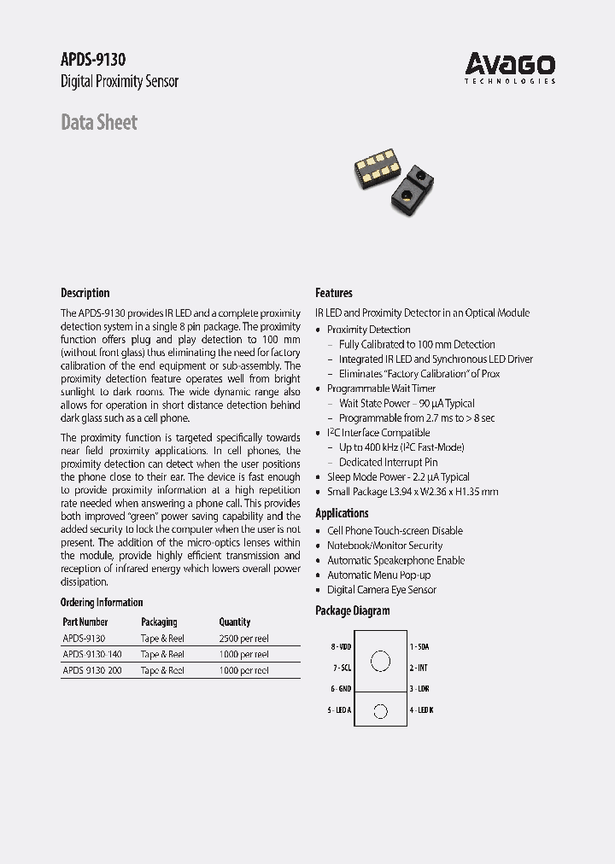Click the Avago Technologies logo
click(510, 67)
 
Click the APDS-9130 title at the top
click(94, 59)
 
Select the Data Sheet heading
click(99, 122)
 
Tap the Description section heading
click(85, 293)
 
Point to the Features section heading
click(334, 293)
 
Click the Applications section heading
click(342, 513)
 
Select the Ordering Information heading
click(102, 602)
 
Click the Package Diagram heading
click(352, 610)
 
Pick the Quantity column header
click(235, 622)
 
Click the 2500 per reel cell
click(244, 638)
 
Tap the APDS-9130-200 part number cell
click(92, 670)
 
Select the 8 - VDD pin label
click(341, 647)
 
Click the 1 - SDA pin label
click(419, 647)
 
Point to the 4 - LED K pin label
click(421, 710)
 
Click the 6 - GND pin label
click(341, 688)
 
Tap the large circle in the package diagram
click(381, 661)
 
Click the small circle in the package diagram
click(381, 711)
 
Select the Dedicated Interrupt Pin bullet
click(388, 462)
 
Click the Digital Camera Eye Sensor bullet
click(381, 590)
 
